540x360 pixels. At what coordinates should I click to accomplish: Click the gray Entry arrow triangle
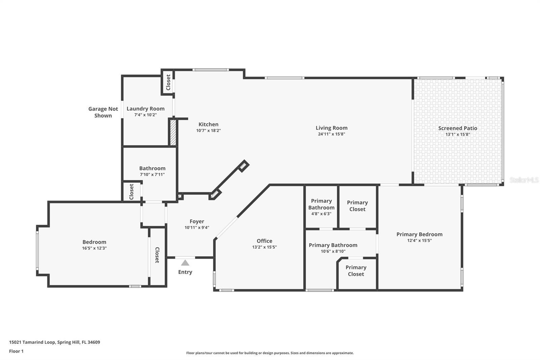[x=185, y=263]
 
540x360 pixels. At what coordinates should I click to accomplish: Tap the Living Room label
[x=331, y=128]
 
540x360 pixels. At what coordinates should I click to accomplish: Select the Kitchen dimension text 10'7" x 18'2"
[x=208, y=131]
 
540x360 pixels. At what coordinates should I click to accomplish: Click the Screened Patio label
[x=458, y=128]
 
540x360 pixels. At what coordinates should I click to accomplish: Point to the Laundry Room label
[x=145, y=108]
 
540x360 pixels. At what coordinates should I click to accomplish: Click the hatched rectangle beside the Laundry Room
[x=173, y=132]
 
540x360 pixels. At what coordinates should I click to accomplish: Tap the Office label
[x=264, y=241]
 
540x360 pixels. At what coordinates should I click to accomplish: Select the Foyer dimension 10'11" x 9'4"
[x=197, y=228]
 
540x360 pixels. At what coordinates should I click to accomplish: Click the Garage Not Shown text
[x=103, y=112]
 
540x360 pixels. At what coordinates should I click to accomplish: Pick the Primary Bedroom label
[x=419, y=234]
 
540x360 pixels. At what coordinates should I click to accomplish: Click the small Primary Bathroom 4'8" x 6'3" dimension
[x=321, y=214]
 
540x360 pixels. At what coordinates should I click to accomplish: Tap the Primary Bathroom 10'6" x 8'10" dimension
[x=333, y=251]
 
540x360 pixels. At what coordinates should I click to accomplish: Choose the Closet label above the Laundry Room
[x=168, y=82]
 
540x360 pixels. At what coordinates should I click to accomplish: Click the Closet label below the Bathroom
[x=132, y=191]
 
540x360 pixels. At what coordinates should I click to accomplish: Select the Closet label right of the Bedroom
[x=157, y=255]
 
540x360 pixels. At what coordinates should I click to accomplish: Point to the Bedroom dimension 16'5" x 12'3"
[x=94, y=248]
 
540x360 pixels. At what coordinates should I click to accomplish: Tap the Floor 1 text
[x=16, y=351]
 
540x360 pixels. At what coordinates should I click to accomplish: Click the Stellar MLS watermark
[x=524, y=180]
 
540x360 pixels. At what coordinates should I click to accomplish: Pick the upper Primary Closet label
[x=357, y=206]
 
